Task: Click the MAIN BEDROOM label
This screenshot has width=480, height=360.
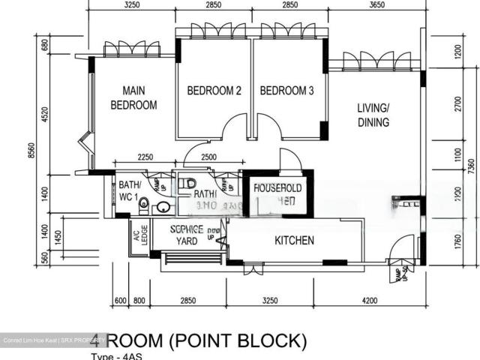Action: click(x=133, y=97)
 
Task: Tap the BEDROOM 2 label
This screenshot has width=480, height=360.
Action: click(x=214, y=91)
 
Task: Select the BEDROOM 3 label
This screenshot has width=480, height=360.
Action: click(x=286, y=91)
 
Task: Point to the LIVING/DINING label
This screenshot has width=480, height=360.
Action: click(x=373, y=115)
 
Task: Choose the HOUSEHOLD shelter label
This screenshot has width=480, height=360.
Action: click(x=277, y=187)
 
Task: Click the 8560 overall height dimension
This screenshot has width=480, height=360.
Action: click(x=31, y=150)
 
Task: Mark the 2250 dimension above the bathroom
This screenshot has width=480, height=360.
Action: click(x=145, y=157)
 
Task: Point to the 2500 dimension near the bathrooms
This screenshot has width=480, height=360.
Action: click(x=208, y=157)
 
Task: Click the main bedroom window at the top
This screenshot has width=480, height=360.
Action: click(x=131, y=49)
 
